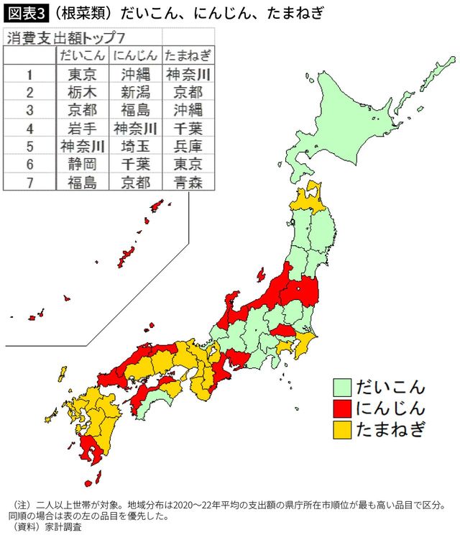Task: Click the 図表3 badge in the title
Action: (24, 13)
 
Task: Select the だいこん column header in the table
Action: (82, 55)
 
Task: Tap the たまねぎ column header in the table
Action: (188, 55)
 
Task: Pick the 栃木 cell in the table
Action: (82, 92)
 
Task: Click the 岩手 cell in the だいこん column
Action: (82, 128)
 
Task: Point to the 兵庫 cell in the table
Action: (188, 146)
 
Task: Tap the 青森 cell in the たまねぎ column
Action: (188, 182)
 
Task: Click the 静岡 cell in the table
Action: (82, 164)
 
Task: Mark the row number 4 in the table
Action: (29, 128)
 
